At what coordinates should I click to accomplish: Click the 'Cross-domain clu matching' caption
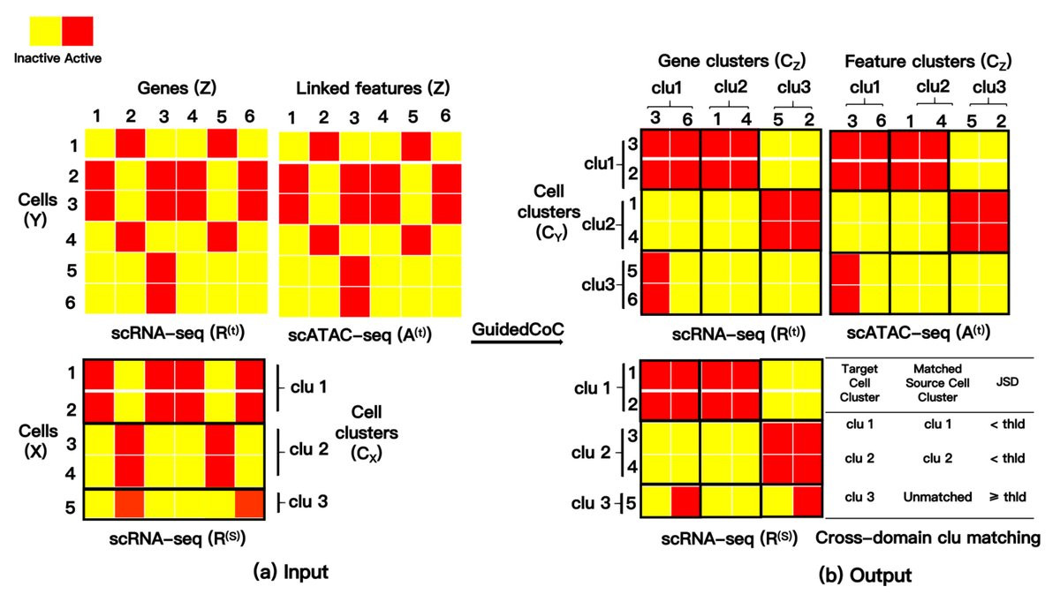927,538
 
